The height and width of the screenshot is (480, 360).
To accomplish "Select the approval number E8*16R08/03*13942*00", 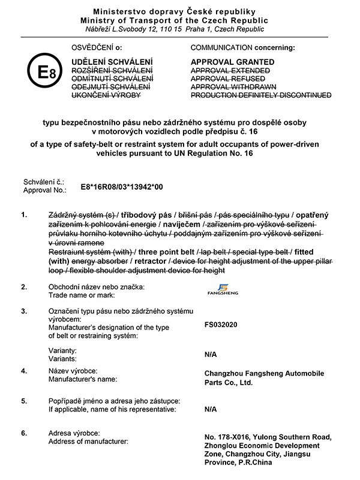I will tap(122, 187).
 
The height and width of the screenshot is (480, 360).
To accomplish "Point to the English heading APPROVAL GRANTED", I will tap(232, 62).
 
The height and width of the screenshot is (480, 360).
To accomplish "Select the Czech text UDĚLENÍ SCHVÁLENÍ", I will tap(112, 62).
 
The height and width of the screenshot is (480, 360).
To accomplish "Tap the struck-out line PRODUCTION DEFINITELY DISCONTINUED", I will tap(260, 95).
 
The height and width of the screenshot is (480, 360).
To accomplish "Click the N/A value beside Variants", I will tap(211, 354).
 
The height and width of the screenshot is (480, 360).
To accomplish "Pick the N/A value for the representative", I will tap(211, 409).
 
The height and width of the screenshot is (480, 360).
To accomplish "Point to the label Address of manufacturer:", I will tap(89, 442).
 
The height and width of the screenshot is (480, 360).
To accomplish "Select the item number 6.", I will tap(23, 433).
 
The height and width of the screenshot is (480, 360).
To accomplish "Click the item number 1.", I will tap(23, 215).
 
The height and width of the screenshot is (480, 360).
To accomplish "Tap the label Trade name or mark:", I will tap(82, 295).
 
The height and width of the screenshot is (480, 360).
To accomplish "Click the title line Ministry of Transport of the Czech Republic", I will tap(179, 20).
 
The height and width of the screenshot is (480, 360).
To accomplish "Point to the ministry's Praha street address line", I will tap(179, 29).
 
